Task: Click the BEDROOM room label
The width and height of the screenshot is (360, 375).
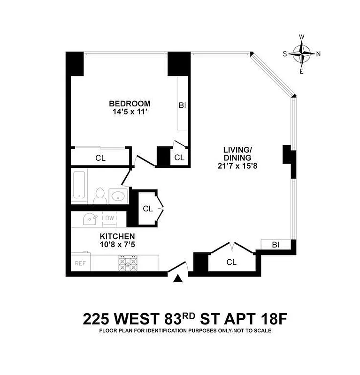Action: (x=130, y=104)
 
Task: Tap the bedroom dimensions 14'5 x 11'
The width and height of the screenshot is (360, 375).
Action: (x=130, y=112)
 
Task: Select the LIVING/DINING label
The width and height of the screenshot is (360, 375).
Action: (x=237, y=154)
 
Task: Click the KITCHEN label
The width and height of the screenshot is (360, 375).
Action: (x=117, y=236)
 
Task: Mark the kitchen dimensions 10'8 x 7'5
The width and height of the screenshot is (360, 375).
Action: (x=117, y=244)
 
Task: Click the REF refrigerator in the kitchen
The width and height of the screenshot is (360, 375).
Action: (x=80, y=263)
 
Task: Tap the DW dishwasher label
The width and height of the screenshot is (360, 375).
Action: (x=109, y=218)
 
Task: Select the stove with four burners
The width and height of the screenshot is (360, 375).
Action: (x=127, y=263)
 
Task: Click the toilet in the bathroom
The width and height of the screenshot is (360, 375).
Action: (x=100, y=195)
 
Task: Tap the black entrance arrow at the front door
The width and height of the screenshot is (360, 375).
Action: (x=178, y=279)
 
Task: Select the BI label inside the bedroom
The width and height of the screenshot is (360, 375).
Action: (x=183, y=105)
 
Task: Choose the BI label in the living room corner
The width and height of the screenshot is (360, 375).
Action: (x=276, y=244)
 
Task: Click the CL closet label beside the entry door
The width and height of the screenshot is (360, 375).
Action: (x=231, y=262)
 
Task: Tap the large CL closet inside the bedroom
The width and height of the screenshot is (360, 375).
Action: (x=100, y=158)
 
